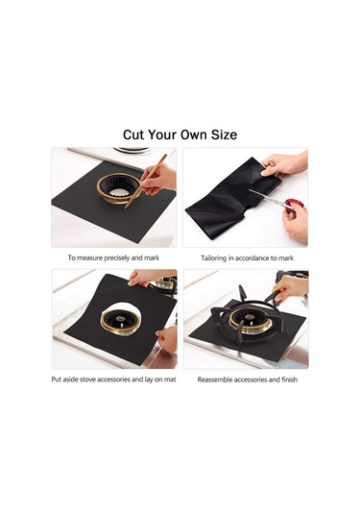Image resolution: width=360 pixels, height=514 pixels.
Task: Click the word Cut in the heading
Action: pyautogui.click(x=134, y=135)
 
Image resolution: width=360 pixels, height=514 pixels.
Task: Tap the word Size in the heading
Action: pyautogui.click(x=224, y=135)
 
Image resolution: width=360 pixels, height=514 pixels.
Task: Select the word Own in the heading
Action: pyautogui.click(x=193, y=135)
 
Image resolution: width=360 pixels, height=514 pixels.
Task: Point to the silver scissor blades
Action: pyautogui.click(x=266, y=198)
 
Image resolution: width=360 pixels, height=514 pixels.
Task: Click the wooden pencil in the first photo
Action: pyautogui.click(x=146, y=181)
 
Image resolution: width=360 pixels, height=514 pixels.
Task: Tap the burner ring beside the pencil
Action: pyautogui.click(x=118, y=188)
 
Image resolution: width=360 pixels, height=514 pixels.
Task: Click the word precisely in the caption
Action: pyautogui.click(x=116, y=258)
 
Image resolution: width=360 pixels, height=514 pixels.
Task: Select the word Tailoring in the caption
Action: pyautogui.click(x=213, y=258)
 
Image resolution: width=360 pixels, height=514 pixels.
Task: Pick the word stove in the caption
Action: pyautogui.click(x=87, y=379)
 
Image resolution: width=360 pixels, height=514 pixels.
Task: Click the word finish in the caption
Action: pyautogui.click(x=290, y=379)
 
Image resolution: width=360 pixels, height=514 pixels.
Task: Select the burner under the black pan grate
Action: pyautogui.click(x=250, y=319)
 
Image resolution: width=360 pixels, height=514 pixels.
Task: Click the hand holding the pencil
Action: pyautogui.click(x=158, y=180)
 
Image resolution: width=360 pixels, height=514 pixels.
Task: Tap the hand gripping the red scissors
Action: pyautogui.click(x=296, y=222)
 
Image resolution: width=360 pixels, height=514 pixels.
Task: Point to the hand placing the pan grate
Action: pyautogui.click(x=291, y=289)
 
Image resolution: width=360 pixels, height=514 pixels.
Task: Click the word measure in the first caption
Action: pyautogui.click(x=89, y=258)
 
